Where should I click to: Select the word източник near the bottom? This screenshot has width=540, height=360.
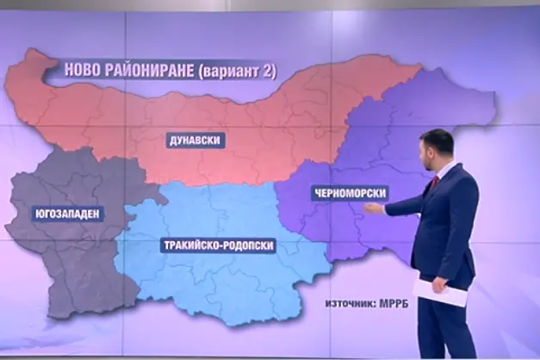(349, 304)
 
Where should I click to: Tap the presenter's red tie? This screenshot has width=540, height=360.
(435, 183)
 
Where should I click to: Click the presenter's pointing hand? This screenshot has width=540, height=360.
(374, 207)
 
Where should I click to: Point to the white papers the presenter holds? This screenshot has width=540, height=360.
(439, 291)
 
